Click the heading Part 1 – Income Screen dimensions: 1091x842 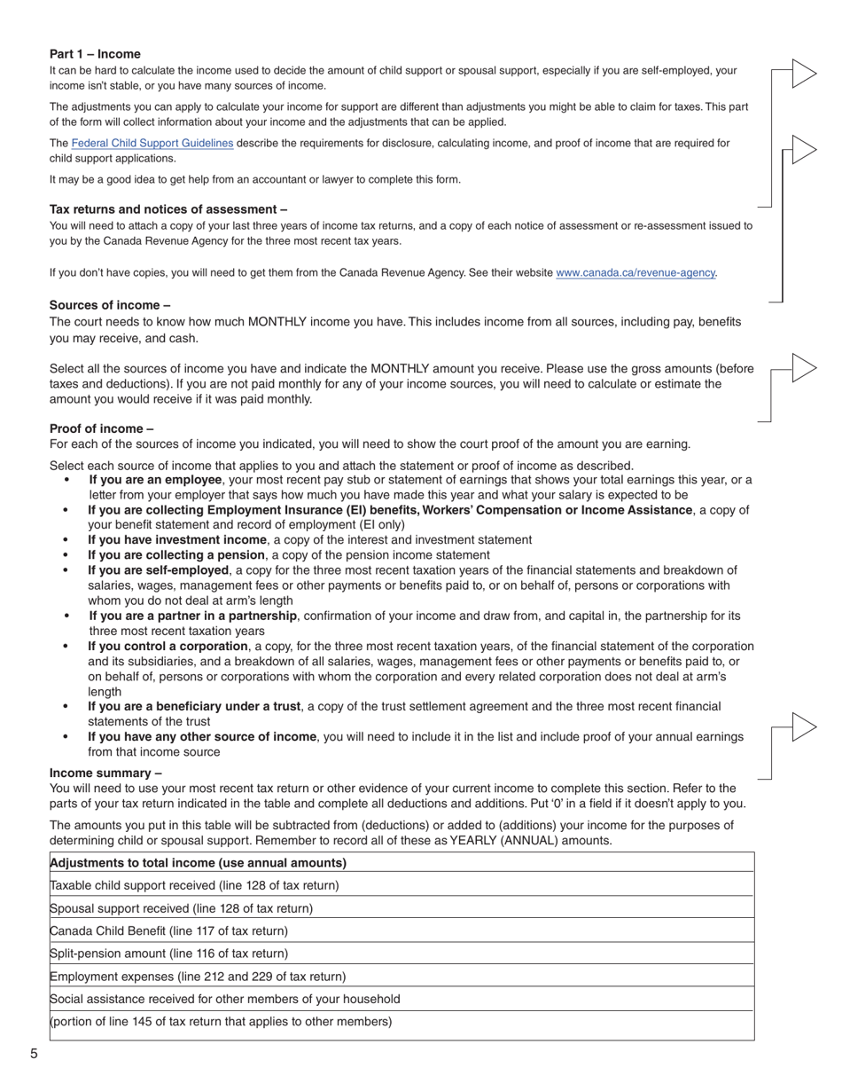(95, 54)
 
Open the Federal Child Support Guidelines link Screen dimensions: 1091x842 (152, 143)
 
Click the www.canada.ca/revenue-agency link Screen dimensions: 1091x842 (635, 273)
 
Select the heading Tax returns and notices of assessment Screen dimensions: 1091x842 (168, 209)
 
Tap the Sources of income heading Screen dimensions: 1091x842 (110, 305)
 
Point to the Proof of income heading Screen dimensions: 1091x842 (101, 428)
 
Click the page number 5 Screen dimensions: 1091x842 (34, 1054)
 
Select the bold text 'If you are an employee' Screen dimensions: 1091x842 (155, 480)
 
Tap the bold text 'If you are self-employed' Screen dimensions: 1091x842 (158, 570)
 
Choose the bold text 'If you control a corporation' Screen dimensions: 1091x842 (168, 646)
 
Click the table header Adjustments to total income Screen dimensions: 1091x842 (199, 863)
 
